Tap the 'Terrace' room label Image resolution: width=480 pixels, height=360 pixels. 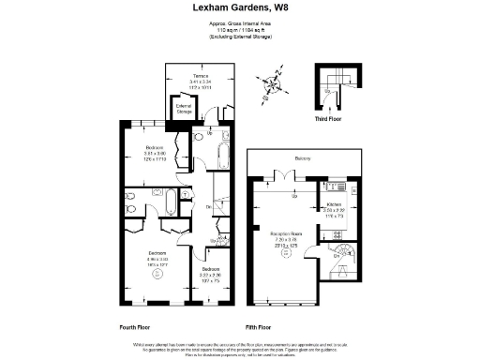200,75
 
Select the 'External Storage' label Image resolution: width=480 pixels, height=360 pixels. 184,108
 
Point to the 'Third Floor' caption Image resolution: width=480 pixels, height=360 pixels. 328,120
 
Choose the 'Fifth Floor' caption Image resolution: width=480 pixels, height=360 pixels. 260,327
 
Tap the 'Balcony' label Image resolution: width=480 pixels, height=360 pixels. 302,159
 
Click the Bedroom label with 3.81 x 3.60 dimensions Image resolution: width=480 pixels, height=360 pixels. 155,148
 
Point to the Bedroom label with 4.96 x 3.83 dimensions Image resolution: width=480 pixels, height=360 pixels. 157,253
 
